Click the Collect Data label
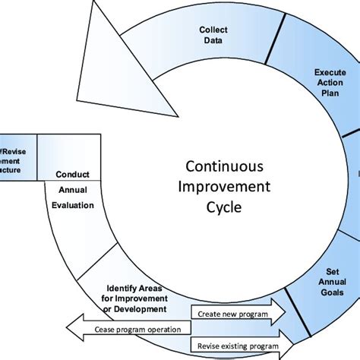(x=213, y=34)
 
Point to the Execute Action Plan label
(x=330, y=83)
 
